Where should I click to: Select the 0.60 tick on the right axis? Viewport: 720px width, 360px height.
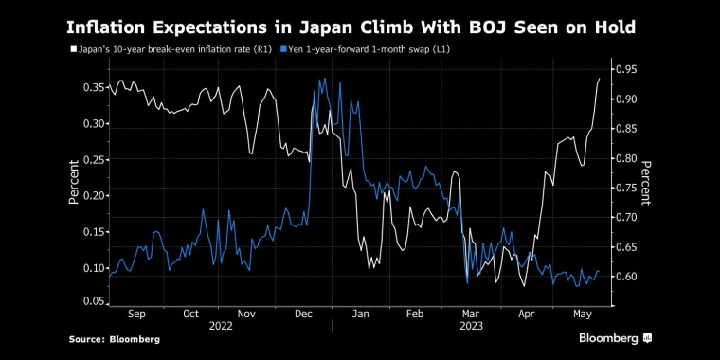(624, 277)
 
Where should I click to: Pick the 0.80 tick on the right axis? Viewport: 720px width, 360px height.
(624, 158)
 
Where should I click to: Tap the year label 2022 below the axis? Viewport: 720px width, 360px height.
(220, 324)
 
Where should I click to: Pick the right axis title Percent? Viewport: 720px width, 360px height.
(646, 183)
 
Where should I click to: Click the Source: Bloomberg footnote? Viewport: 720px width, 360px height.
(114, 338)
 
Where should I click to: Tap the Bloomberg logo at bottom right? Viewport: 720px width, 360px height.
(615, 337)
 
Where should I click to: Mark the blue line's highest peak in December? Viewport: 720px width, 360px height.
(325, 79)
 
